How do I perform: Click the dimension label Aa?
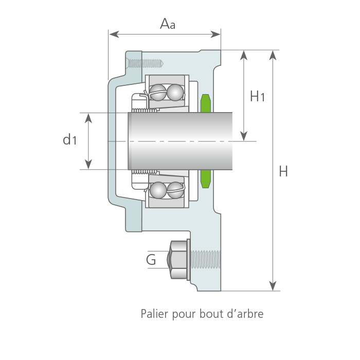(168, 24)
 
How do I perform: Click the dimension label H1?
(257, 96)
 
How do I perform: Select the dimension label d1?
(69, 139)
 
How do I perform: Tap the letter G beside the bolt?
(151, 260)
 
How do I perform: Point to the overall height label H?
(283, 171)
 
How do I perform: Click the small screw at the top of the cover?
(145, 63)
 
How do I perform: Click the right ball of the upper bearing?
(175, 93)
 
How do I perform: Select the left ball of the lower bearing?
(158, 190)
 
